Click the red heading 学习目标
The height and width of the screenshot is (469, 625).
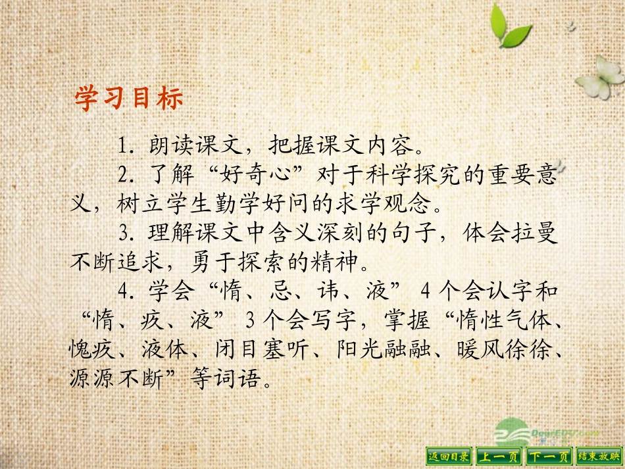point(128,99)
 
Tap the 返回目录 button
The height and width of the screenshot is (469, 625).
point(449,456)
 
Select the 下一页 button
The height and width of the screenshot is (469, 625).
point(549,456)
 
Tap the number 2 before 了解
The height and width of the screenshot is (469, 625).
point(123,176)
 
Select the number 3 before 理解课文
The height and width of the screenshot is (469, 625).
point(123,233)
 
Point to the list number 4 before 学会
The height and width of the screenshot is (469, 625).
point(123,291)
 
